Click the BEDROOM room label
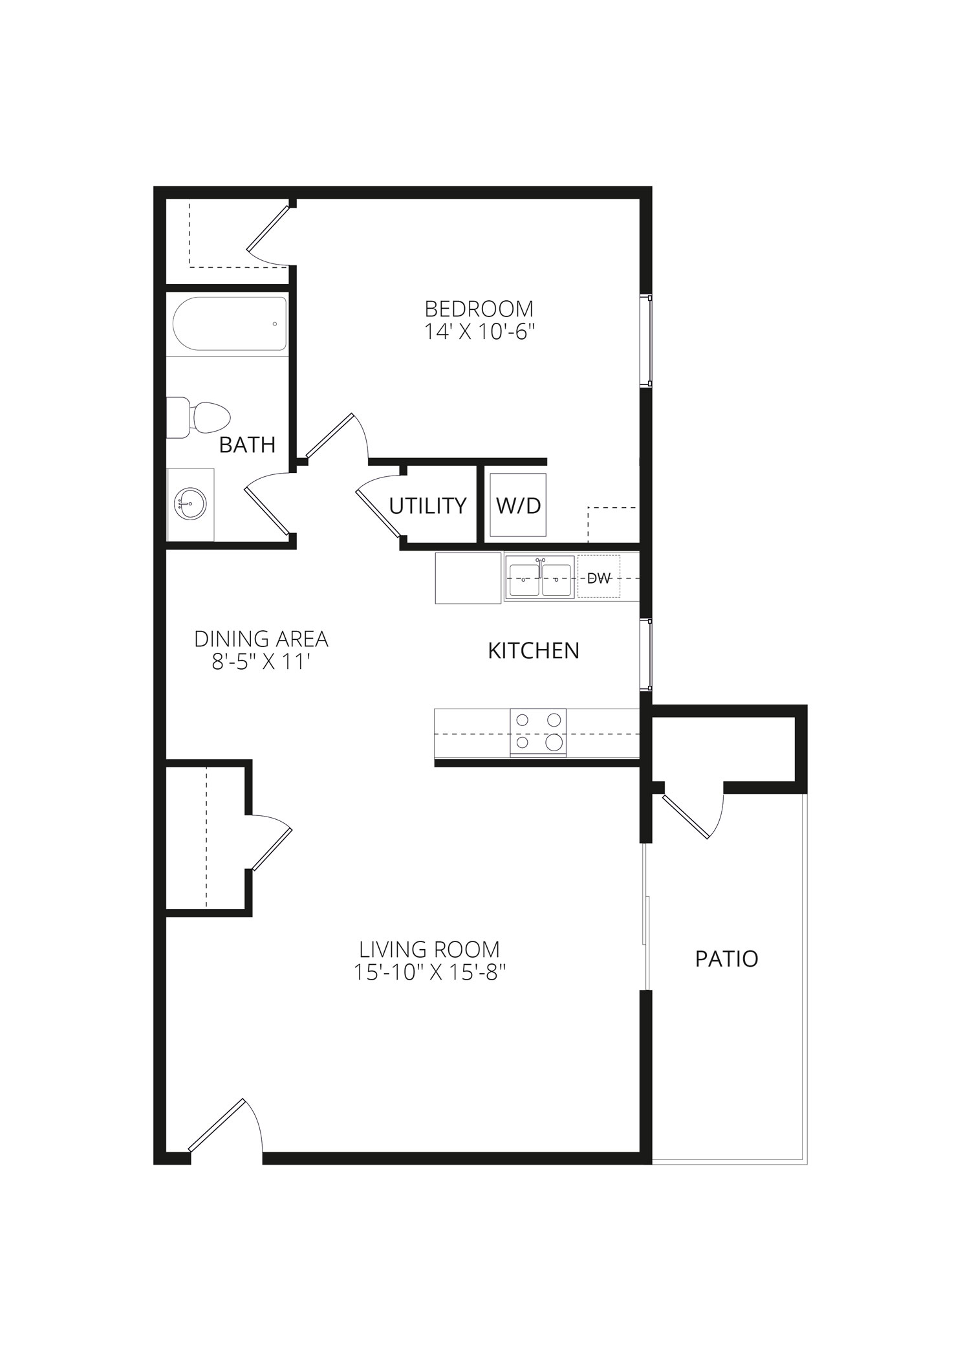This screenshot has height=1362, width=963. point(479,308)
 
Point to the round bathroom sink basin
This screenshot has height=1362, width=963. point(189,502)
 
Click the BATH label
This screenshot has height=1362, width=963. point(247,445)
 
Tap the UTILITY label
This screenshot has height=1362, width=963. point(427,505)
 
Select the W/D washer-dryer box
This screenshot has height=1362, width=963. point(518,505)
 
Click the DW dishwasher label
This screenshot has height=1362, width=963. point(599,578)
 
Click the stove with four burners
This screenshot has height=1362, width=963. point(538,732)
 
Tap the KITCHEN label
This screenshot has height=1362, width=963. point(534,650)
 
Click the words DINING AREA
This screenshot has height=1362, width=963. point(261,639)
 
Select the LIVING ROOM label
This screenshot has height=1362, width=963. point(429,949)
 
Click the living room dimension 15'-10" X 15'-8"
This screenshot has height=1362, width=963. point(429,972)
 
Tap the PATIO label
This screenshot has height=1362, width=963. point(727,958)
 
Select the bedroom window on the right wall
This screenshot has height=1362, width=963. point(645,341)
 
